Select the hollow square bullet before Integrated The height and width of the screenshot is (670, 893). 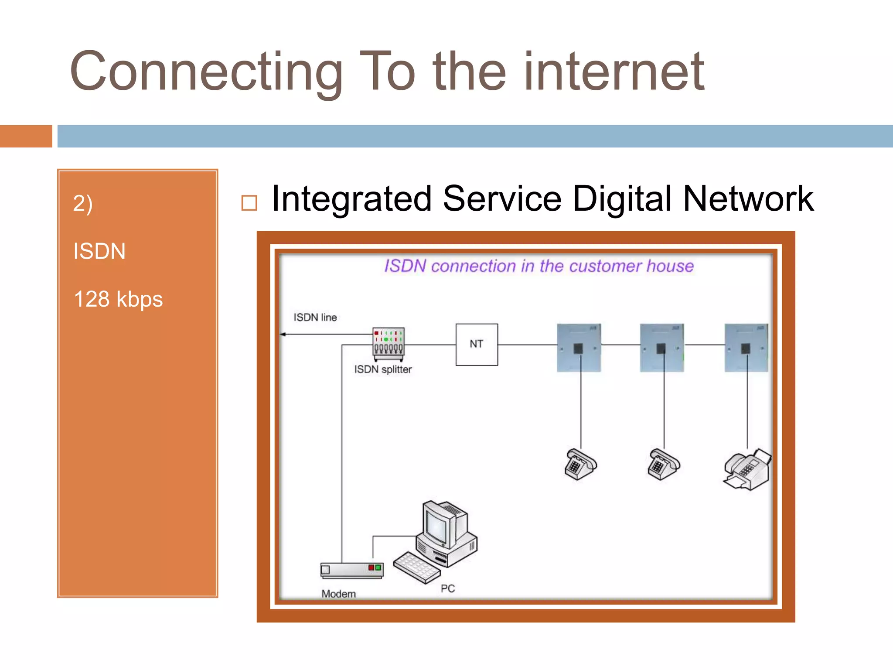(x=249, y=203)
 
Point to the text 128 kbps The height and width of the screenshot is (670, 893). (x=118, y=299)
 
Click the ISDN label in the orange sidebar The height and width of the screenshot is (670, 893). (x=99, y=251)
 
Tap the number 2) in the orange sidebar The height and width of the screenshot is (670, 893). (x=82, y=204)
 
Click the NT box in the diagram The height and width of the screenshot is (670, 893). (x=477, y=344)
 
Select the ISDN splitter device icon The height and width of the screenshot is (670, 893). (x=388, y=344)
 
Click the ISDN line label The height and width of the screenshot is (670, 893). (x=315, y=317)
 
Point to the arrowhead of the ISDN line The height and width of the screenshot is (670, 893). (x=283, y=335)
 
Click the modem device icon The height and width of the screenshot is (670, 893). (x=352, y=570)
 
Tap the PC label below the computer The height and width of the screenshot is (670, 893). (x=448, y=588)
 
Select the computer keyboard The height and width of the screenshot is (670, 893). (x=416, y=567)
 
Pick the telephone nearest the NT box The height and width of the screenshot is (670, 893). (x=580, y=464)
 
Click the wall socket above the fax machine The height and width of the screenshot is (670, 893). (x=746, y=348)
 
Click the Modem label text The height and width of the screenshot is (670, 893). (x=338, y=594)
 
